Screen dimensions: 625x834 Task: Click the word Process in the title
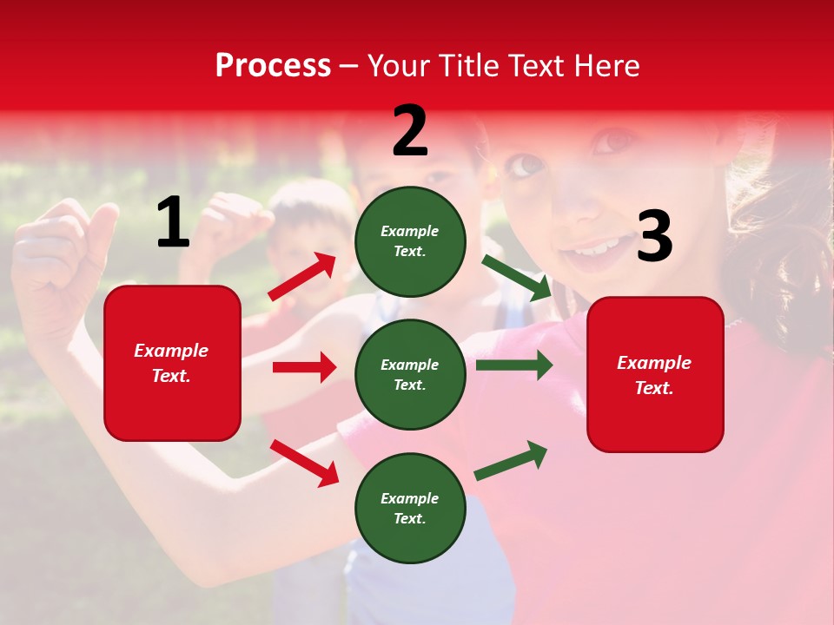(273, 66)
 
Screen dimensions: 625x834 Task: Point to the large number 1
(173, 223)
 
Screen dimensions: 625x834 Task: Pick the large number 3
(654, 238)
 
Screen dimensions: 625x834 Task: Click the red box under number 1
(172, 363)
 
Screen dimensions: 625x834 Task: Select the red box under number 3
(655, 375)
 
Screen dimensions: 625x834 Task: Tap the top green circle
(410, 241)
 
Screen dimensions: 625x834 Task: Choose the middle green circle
(410, 374)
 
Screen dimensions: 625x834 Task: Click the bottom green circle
(410, 508)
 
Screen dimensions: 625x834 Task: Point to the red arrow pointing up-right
(302, 277)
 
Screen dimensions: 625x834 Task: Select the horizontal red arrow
(304, 367)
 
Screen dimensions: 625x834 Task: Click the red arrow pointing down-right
(304, 462)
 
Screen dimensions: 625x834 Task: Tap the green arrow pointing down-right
(517, 277)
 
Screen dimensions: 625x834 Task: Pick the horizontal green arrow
(513, 365)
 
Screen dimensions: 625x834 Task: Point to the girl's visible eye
(525, 164)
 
